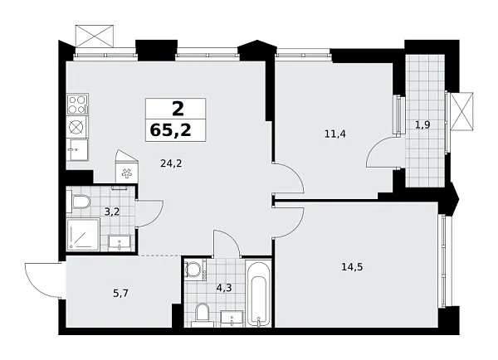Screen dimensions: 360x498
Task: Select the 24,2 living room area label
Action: tap(170, 163)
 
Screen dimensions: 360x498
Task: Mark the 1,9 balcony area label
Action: tap(422, 125)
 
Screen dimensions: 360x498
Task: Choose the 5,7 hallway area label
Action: tap(98, 291)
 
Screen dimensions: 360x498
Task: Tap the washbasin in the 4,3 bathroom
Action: tap(232, 316)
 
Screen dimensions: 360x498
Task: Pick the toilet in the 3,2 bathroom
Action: tap(79, 202)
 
